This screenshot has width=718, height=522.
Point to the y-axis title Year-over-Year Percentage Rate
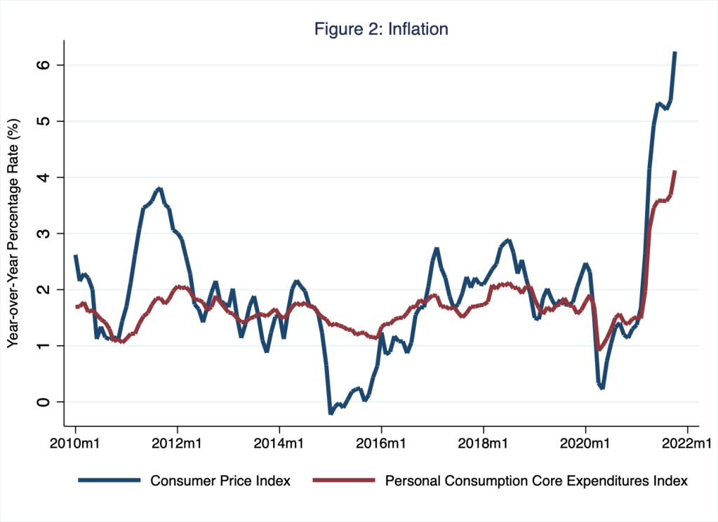tap(12, 233)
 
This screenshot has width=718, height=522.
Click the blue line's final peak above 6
tap(674, 53)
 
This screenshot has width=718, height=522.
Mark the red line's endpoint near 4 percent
tap(674, 171)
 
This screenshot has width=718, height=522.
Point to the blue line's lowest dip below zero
tap(331, 413)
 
